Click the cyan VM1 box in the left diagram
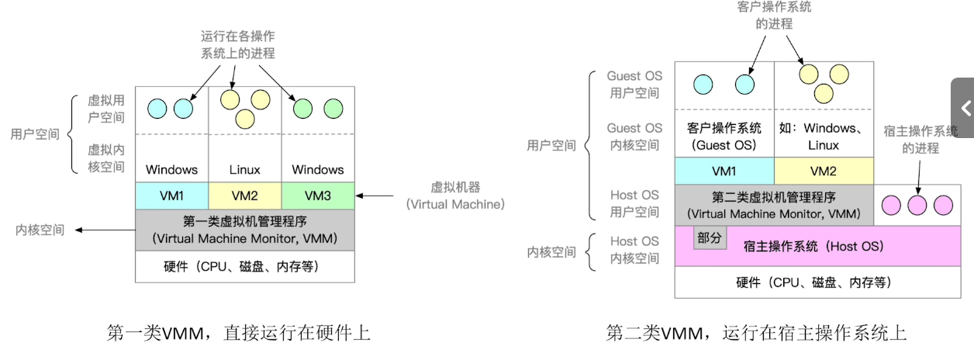click(x=171, y=196)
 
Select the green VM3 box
click(x=317, y=196)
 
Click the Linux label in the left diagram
click(x=245, y=169)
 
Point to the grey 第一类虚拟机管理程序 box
click(x=245, y=230)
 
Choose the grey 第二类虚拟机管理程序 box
click(x=774, y=205)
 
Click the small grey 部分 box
click(x=710, y=238)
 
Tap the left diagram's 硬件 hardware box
click(x=245, y=267)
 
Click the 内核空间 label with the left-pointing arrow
click(x=41, y=230)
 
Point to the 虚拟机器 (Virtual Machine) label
click(x=455, y=196)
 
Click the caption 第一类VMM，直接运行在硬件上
click(x=238, y=333)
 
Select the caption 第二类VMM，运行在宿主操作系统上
click(x=756, y=333)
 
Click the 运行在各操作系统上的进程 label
click(x=238, y=44)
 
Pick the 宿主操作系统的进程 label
click(x=920, y=140)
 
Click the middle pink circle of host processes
click(x=917, y=205)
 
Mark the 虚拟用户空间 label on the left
click(x=105, y=109)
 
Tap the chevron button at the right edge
click(x=964, y=108)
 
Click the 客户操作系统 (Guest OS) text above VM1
click(x=724, y=137)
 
